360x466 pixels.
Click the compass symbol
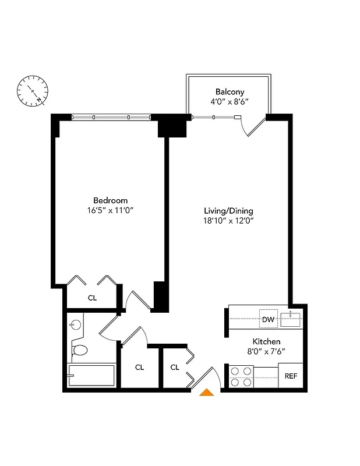pyautogui.click(x=33, y=91)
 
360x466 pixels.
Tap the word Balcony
pyautogui.click(x=230, y=91)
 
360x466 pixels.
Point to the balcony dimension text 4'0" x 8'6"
pyautogui.click(x=230, y=101)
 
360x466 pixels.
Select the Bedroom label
pyautogui.click(x=110, y=200)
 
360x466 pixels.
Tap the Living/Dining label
pyautogui.click(x=228, y=210)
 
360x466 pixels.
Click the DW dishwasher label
pyautogui.click(x=268, y=319)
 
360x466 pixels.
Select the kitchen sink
pyautogui.click(x=290, y=319)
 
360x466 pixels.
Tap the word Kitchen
pyautogui.click(x=266, y=341)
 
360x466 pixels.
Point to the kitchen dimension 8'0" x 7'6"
pyautogui.click(x=266, y=351)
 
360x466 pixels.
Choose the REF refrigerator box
pyautogui.click(x=291, y=376)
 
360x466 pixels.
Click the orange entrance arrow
pyautogui.click(x=207, y=393)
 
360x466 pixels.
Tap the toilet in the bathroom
pyautogui.click(x=79, y=349)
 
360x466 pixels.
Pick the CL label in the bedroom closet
pyautogui.click(x=92, y=298)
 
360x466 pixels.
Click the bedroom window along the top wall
pyautogui.click(x=111, y=117)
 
